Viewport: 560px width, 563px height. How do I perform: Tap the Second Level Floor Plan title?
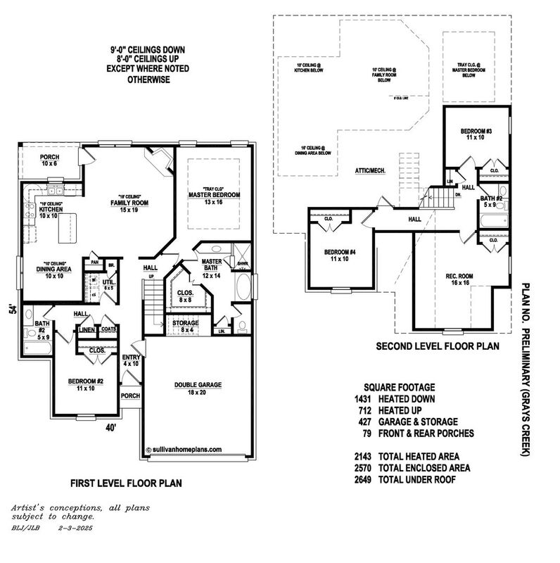pyautogui.click(x=438, y=346)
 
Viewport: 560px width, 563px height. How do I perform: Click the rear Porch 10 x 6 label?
pyautogui.click(x=49, y=159)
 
